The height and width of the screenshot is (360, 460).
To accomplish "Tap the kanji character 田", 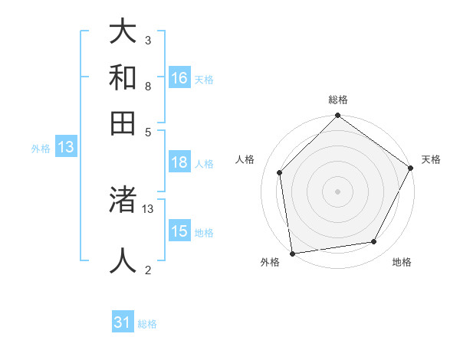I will pos(123,123).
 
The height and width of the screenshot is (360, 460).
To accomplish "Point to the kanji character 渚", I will pos(123,201).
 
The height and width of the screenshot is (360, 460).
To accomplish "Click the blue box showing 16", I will pos(179,78).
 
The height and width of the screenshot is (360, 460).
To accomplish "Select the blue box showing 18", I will pos(179,162).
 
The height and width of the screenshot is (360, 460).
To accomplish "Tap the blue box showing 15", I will pos(179,231).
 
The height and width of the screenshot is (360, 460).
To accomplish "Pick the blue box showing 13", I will pos(66,148).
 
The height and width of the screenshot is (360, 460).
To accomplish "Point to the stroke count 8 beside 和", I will pos(147,86).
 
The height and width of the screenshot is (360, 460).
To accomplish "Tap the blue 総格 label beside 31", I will pos(147,324).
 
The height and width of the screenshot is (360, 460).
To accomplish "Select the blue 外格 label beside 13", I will pos(41,149).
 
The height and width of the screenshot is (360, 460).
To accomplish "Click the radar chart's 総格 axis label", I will pos(337,100).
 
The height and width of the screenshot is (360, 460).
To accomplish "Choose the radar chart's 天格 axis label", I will pos(431,159).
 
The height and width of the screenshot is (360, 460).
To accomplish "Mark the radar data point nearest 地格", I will pos(374,242).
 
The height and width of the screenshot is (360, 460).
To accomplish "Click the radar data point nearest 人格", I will pos(280,172).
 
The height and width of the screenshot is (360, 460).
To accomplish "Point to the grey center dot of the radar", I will pos(337,191).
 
